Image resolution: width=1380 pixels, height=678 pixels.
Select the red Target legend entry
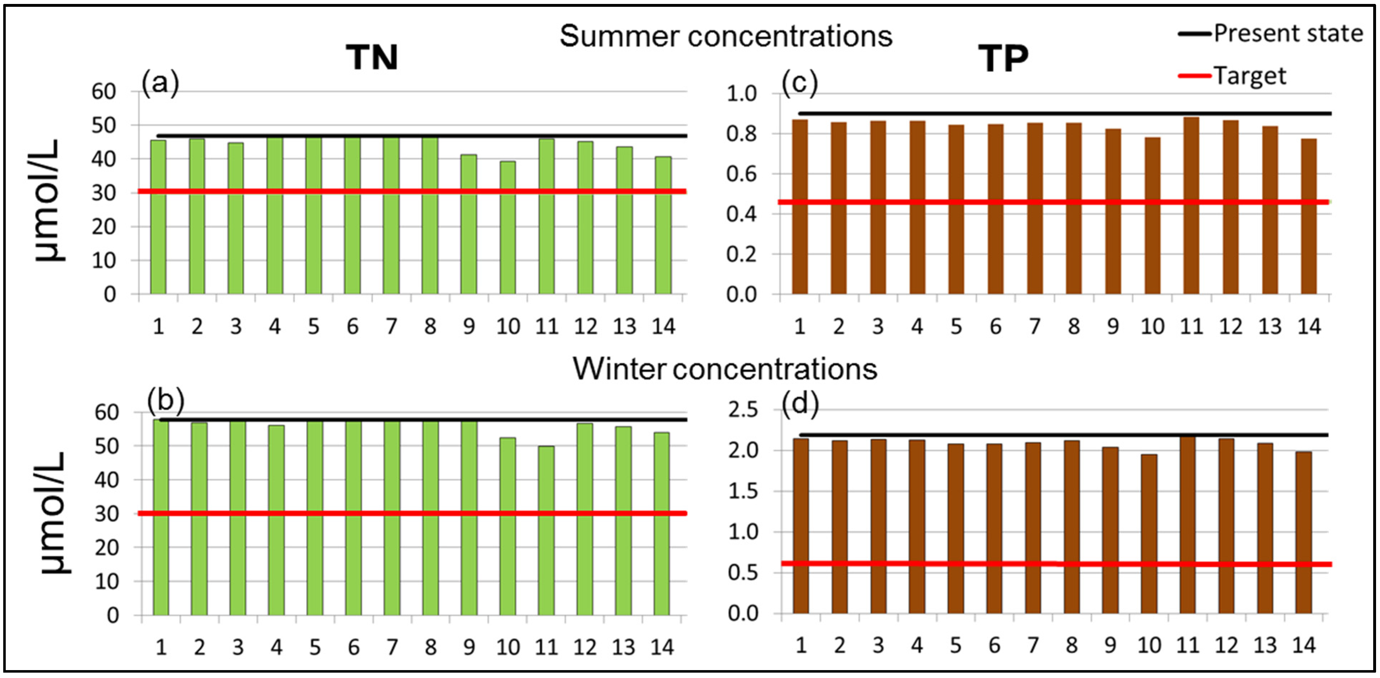(x=1232, y=76)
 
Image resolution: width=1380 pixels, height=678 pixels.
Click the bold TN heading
(x=372, y=57)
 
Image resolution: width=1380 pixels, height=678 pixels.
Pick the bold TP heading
(x=1003, y=58)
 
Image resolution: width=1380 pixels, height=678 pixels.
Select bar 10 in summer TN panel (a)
(x=508, y=228)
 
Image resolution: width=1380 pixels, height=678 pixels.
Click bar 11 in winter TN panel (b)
(x=547, y=530)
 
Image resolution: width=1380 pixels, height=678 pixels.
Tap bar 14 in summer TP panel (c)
(x=1309, y=216)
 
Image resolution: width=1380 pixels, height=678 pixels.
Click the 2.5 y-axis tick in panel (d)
(x=743, y=410)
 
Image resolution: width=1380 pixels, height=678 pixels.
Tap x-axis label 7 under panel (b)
(x=392, y=648)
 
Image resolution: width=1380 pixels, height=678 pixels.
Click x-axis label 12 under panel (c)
(x=1230, y=326)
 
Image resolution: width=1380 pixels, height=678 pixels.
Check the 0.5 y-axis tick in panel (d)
(x=743, y=573)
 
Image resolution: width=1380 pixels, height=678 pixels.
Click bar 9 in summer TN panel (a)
(x=469, y=224)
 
